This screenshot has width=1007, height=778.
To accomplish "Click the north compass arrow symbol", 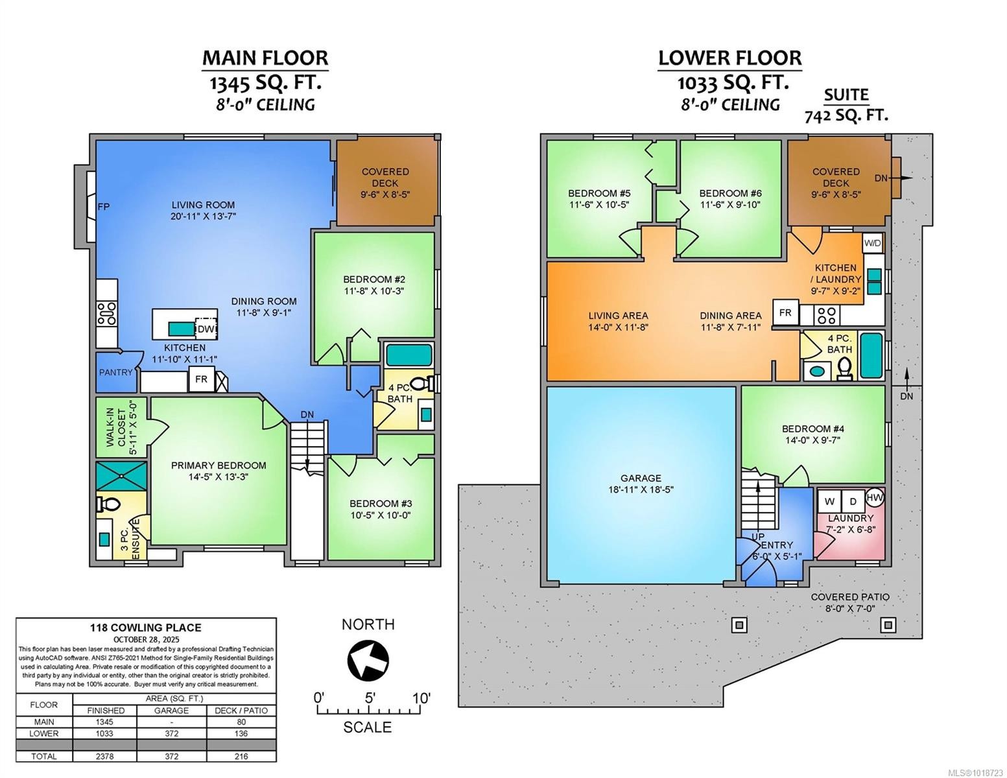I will click(x=368, y=660).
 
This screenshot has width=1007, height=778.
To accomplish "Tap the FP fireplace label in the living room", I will click(x=103, y=207).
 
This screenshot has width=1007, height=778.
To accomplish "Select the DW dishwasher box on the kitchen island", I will click(x=206, y=329).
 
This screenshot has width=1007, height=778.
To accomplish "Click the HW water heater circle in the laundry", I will click(x=875, y=496).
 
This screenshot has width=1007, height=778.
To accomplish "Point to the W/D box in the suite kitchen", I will click(x=873, y=244).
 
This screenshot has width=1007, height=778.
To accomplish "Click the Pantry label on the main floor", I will click(x=115, y=372).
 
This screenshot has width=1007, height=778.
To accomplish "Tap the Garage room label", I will click(x=641, y=478).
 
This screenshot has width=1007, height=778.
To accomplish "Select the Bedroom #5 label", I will click(x=598, y=193).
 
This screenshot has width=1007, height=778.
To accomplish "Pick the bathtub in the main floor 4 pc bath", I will click(x=409, y=356).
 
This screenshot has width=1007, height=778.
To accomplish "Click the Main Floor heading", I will click(x=265, y=58).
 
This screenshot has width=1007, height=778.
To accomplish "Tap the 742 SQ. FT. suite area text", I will click(x=846, y=116).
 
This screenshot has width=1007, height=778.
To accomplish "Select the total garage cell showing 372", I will click(x=171, y=756).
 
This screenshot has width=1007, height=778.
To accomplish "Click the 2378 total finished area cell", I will click(x=106, y=756).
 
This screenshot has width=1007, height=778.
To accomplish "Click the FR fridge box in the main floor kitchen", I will click(x=201, y=379).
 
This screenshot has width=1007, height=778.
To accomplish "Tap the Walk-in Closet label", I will click(x=121, y=427).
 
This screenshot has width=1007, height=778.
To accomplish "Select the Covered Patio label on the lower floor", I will click(x=849, y=597).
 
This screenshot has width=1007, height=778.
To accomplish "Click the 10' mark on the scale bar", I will click(x=421, y=698).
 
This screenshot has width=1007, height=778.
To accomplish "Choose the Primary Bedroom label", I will click(x=219, y=466).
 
